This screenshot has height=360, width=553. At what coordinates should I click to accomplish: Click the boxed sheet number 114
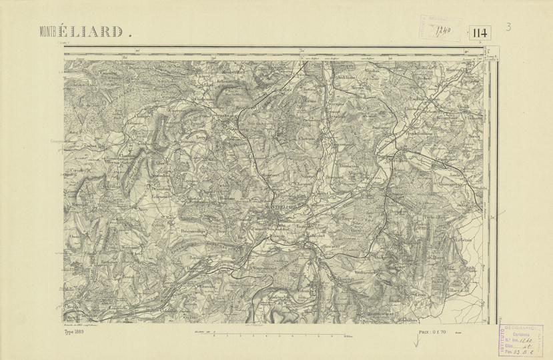480,33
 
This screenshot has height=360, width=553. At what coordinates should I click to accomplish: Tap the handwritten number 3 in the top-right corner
509,27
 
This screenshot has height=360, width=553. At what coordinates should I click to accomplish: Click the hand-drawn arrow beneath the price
416,343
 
